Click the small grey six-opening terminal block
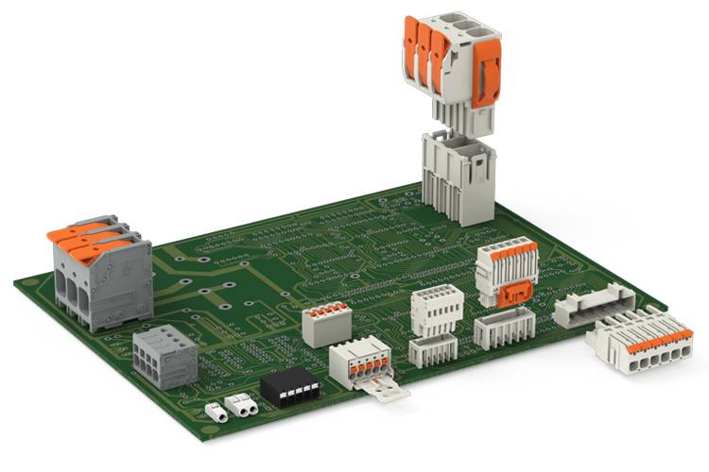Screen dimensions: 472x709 point(164,356)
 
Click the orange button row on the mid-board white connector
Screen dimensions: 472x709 point(507,249)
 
